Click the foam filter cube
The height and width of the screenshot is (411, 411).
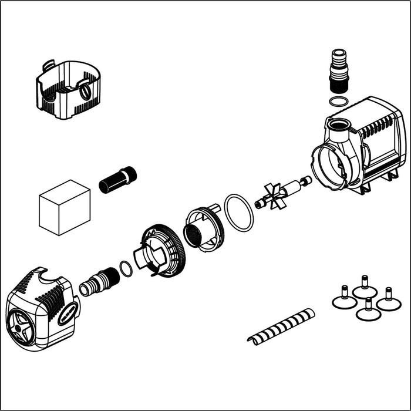click(x=64, y=207)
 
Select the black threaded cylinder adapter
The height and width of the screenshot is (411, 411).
click(x=117, y=180)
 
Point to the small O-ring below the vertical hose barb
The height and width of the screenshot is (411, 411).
click(x=337, y=102)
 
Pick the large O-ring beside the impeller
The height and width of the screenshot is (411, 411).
click(x=240, y=213)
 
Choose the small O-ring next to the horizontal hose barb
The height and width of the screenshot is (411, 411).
click(x=126, y=268)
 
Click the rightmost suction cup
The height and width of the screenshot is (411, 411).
click(x=388, y=302)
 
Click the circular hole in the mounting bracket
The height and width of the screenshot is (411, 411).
click(x=85, y=91)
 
